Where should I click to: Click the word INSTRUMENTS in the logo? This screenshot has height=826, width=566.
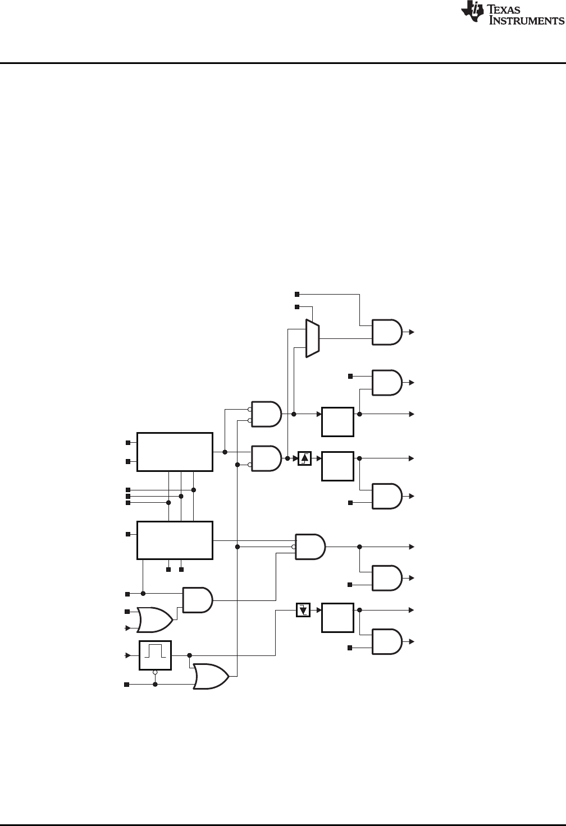527,21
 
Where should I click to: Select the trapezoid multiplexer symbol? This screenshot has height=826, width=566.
312,338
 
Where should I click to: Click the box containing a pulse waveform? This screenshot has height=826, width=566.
155,655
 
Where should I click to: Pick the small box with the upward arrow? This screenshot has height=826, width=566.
304,458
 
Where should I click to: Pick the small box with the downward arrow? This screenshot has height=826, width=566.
303,609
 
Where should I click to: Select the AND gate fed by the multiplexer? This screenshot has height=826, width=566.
387,332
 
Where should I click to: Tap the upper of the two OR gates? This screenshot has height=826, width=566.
155,619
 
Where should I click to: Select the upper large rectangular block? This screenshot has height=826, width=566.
175,452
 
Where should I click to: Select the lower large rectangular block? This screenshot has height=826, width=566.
175,540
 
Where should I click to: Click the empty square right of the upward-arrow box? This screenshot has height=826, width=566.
337,466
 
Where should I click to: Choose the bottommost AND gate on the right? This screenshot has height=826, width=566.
387,641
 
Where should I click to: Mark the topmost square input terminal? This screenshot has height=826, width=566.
298,294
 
